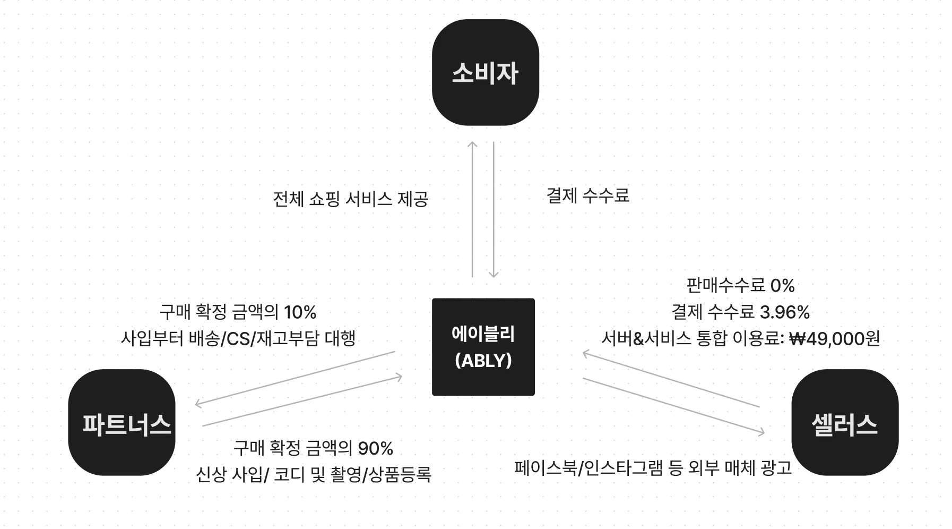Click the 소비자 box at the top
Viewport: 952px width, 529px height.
click(485, 73)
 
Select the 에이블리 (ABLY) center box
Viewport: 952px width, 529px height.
click(483, 346)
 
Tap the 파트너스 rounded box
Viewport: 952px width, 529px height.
click(122, 422)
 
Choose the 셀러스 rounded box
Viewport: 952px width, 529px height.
click(844, 422)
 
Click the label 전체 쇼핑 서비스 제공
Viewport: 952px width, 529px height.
click(350, 199)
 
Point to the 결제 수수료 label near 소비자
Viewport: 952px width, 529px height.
click(587, 195)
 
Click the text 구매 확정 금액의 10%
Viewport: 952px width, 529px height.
click(238, 312)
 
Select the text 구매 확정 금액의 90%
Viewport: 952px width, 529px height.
click(313, 448)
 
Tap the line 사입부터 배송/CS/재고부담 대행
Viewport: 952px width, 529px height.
click(238, 338)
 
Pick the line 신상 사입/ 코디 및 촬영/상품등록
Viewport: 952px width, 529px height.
click(313, 474)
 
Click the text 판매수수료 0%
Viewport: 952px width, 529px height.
click(740, 286)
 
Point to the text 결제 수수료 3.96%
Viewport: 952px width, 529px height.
click(740, 312)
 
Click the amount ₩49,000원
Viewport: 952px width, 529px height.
click(835, 338)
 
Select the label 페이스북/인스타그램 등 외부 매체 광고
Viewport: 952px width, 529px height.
click(653, 467)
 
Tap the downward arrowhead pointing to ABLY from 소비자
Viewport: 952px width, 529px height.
click(494, 275)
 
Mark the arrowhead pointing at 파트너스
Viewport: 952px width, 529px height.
click(198, 404)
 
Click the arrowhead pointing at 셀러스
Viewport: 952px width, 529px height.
click(762, 433)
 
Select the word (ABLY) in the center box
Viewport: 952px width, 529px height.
click(483, 361)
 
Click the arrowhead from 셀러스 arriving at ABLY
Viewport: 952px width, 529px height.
click(585, 353)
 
